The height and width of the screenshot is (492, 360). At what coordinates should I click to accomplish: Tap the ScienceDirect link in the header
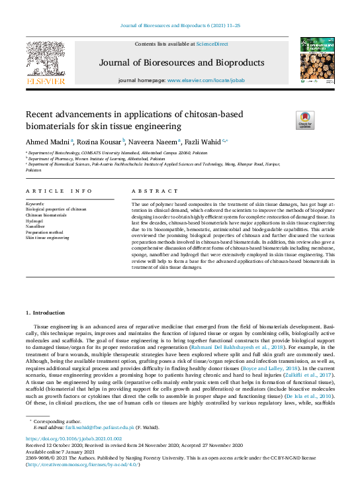coord(212,44)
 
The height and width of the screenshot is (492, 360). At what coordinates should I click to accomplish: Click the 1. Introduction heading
coord(46,312)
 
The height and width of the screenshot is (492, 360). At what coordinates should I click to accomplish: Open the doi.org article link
coord(74,439)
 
